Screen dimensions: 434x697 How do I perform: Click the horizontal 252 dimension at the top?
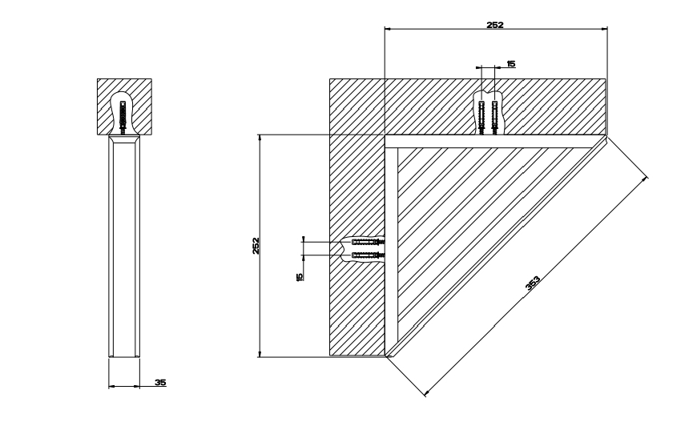pyautogui.click(x=494, y=25)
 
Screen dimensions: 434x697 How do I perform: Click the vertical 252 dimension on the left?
pyautogui.click(x=255, y=245)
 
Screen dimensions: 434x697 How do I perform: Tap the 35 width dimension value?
pyautogui.click(x=160, y=383)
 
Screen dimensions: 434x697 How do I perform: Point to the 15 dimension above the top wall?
pyautogui.click(x=510, y=62)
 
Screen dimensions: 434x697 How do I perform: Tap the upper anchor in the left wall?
pyautogui.click(x=367, y=241)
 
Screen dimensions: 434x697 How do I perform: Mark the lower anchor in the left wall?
pyautogui.click(x=367, y=255)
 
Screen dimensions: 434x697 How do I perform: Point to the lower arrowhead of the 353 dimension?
pyautogui.click(x=425, y=393)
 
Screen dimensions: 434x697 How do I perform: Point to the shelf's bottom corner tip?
pyautogui.click(x=386, y=356)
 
